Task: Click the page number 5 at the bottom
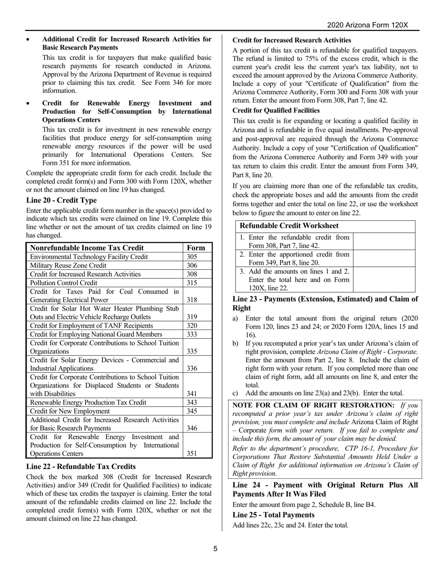[215, 549]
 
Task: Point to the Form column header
[196, 248]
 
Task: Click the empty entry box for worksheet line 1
[385, 241]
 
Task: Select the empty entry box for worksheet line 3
[385, 280]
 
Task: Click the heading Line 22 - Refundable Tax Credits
[81, 467]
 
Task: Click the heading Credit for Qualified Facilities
[276, 111]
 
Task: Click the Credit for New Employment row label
[70, 411]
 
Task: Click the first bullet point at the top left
[29, 40]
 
